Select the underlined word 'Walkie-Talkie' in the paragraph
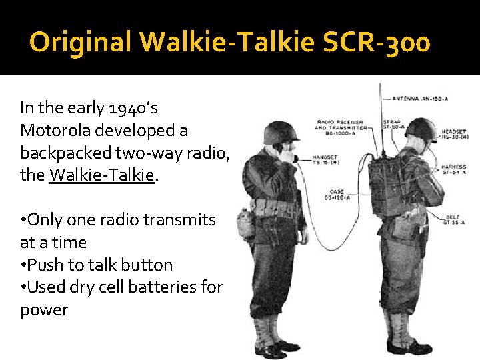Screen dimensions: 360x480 point(102,175)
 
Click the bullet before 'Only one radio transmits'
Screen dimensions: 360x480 point(24,220)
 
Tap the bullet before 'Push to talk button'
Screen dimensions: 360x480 point(24,265)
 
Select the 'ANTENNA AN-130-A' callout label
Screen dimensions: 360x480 point(420,99)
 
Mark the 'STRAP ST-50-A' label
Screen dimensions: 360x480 point(393,125)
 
